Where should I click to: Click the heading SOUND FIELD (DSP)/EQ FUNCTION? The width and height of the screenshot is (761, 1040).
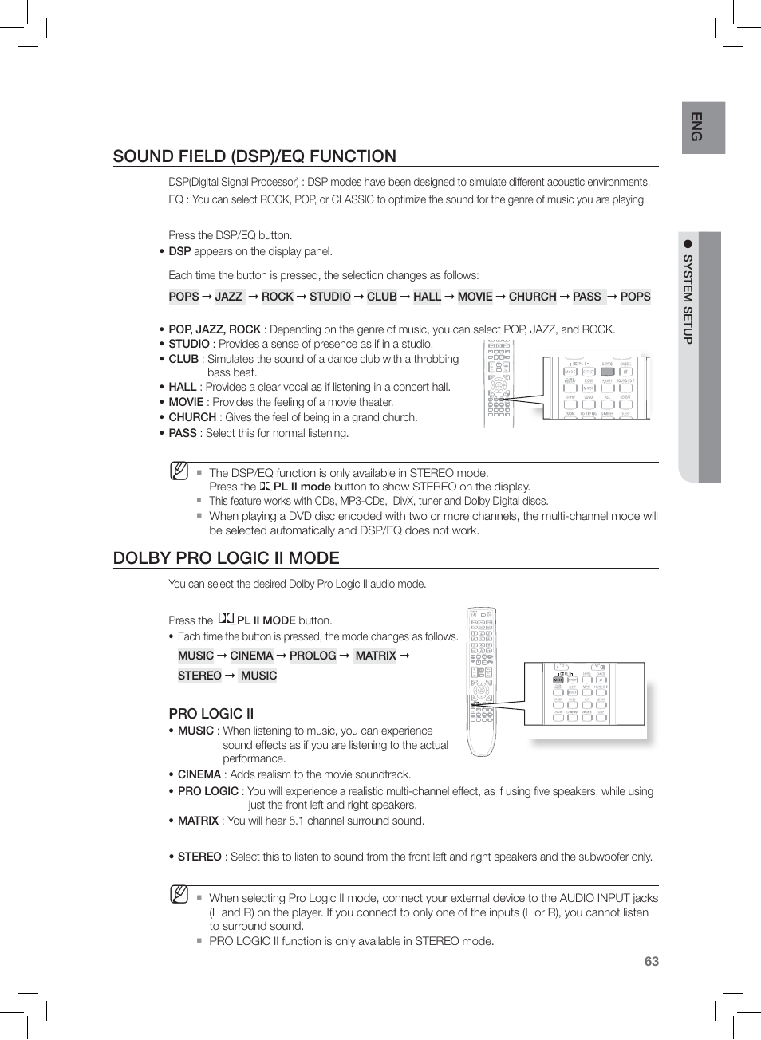[254, 156]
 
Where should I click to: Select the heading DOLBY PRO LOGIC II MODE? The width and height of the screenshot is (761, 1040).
[226, 558]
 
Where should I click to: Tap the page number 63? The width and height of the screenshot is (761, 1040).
[652, 961]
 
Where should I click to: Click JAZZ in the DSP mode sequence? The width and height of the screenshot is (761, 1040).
[229, 297]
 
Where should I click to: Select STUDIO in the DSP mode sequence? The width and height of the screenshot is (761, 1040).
[330, 297]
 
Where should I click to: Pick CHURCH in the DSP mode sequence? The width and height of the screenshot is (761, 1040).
[532, 297]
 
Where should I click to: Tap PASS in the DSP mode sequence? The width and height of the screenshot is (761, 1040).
[587, 297]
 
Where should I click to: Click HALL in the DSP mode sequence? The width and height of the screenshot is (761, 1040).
[427, 297]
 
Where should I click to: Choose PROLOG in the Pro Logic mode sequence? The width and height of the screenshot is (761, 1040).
[313, 656]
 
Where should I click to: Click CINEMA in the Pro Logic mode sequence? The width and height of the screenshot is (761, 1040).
[251, 656]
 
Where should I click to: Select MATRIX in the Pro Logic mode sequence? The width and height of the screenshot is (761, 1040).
[376, 656]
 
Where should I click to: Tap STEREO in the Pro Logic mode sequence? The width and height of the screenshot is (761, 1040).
[199, 676]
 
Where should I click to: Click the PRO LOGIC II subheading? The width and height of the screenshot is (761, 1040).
[211, 714]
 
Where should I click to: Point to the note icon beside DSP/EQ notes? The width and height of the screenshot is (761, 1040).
[179, 471]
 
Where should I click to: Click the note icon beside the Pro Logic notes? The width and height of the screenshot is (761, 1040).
[179, 894]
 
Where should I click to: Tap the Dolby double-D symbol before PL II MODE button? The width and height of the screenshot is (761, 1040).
[226, 618]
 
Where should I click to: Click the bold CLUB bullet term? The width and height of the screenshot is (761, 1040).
[183, 359]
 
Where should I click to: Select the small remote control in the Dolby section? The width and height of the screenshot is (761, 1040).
[481, 682]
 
